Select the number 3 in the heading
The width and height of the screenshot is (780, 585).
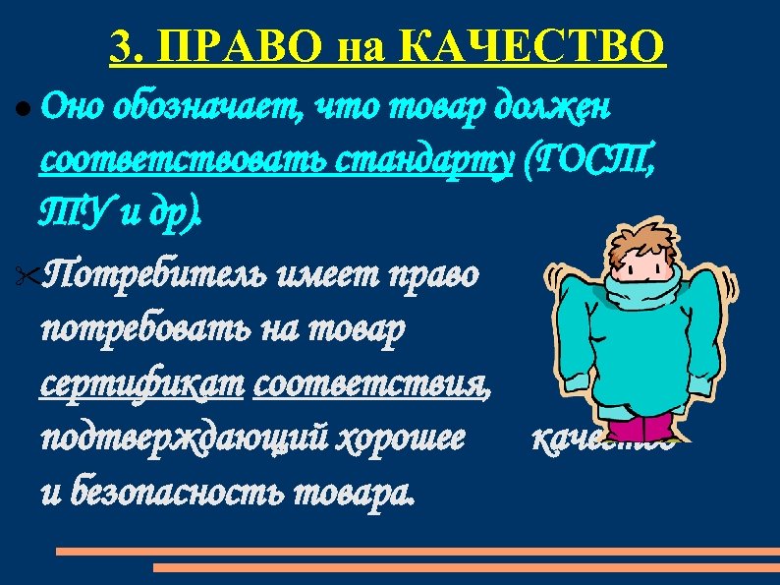(x=123, y=45)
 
